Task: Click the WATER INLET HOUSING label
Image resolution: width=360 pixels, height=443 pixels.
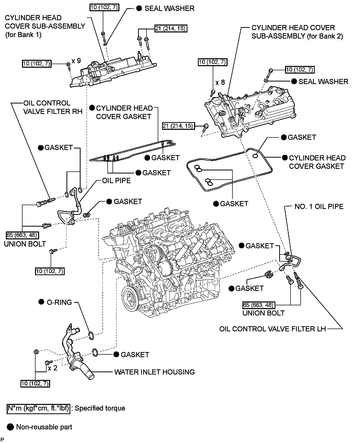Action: pyautogui.click(x=154, y=372)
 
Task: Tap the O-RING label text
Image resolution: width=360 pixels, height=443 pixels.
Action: pyautogui.click(x=59, y=302)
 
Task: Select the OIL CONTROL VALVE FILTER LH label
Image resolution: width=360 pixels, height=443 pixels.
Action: pyautogui.click(x=273, y=329)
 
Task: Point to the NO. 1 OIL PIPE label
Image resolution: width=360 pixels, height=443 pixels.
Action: pyautogui.click(x=319, y=206)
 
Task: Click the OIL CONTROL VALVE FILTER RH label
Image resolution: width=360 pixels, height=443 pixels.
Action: pyautogui.click(x=53, y=107)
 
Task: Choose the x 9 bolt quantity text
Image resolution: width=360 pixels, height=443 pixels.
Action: pyautogui.click(x=76, y=61)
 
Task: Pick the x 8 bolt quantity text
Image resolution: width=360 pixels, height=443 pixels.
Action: pyautogui.click(x=220, y=83)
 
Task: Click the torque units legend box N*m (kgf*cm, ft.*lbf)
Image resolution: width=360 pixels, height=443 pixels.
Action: pyautogui.click(x=38, y=408)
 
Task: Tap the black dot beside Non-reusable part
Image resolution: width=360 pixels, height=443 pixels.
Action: pyautogui.click(x=10, y=427)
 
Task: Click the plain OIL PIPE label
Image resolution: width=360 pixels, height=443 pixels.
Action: pyautogui.click(x=116, y=181)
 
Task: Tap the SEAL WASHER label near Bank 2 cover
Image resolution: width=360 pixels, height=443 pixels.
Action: pyautogui.click(x=323, y=81)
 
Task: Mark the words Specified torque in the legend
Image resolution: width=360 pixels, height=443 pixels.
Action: pyautogui.click(x=100, y=408)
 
